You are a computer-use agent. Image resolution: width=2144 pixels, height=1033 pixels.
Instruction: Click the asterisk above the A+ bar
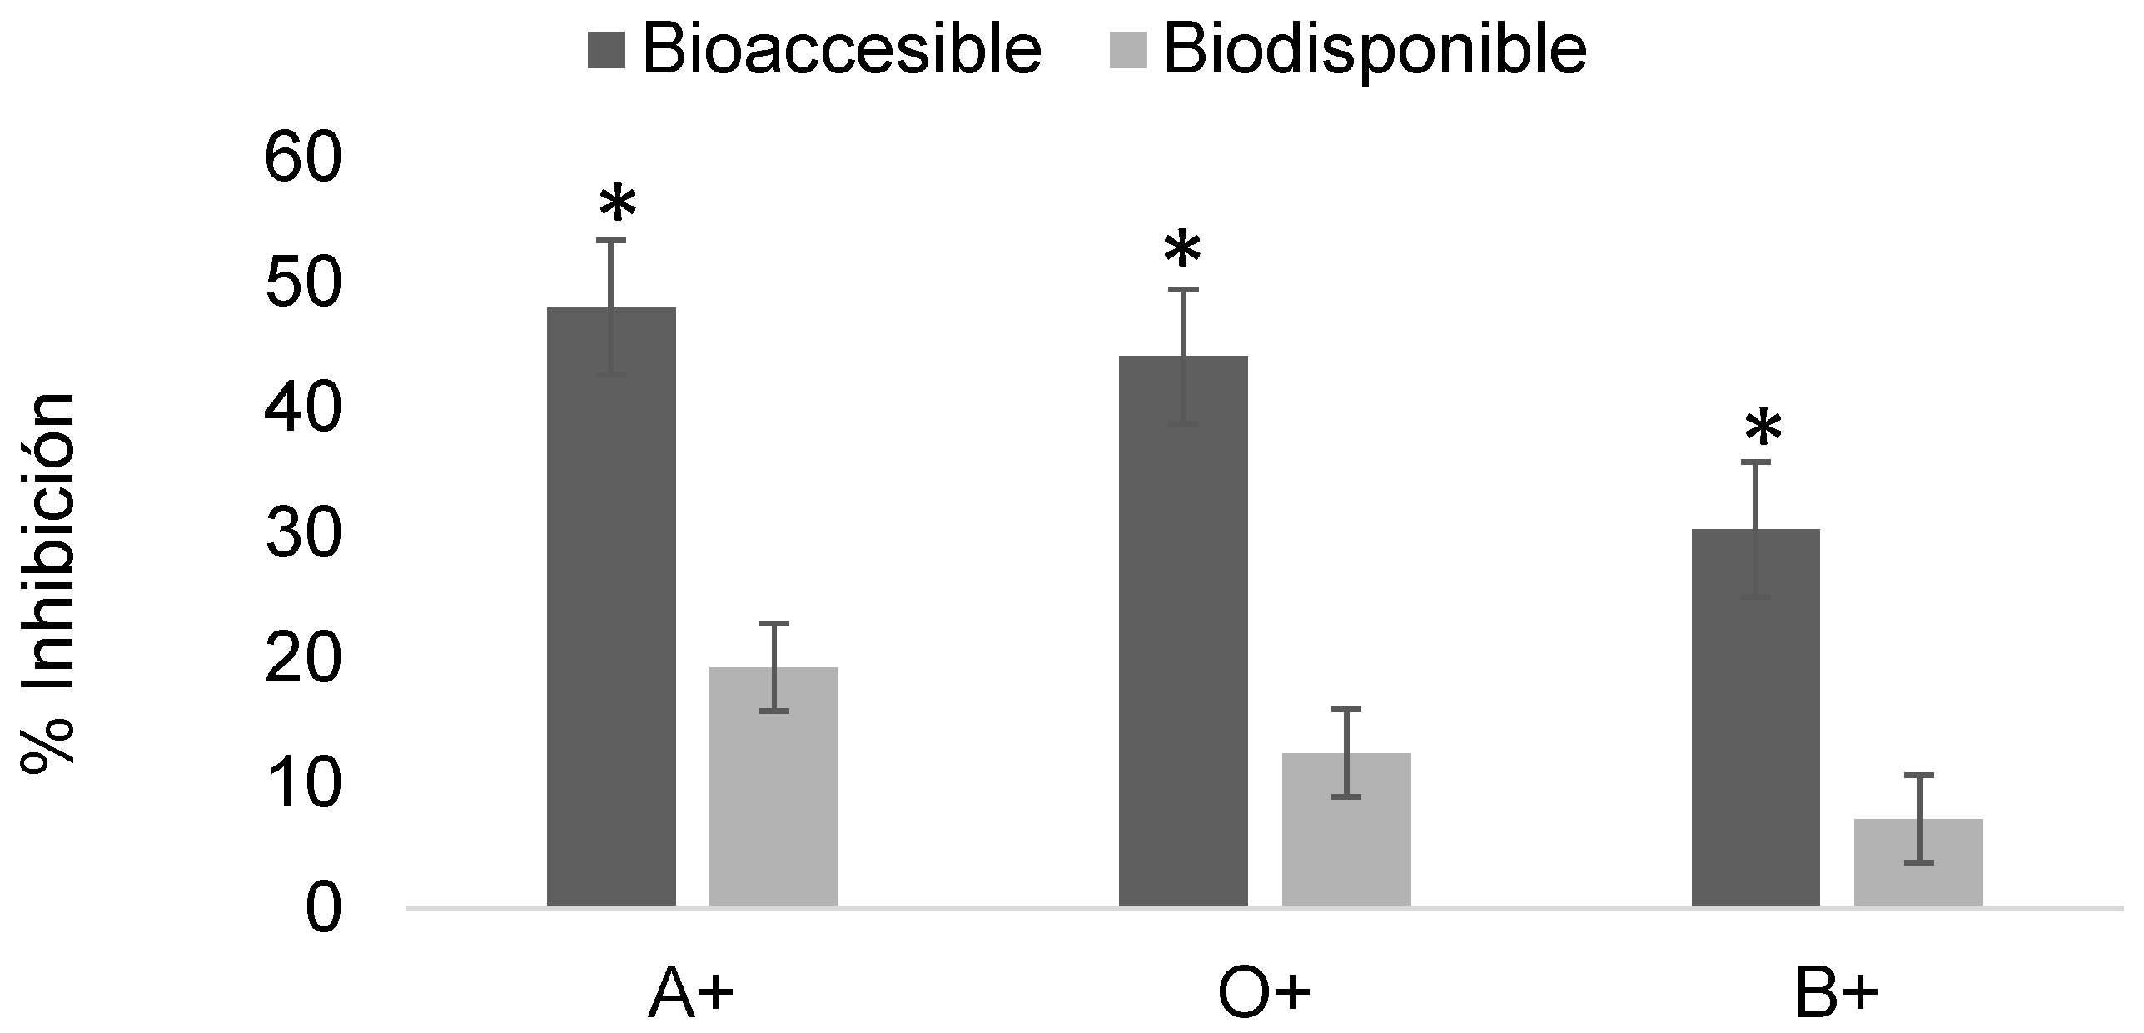[x=617, y=204]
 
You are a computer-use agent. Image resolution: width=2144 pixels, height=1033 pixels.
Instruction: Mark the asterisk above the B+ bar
[x=1763, y=429]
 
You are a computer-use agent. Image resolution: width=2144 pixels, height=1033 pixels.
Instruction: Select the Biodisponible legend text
[x=1375, y=50]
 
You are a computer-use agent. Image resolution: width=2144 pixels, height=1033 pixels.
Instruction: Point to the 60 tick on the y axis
[x=303, y=161]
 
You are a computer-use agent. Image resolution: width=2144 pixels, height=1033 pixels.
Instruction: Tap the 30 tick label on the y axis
[x=303, y=535]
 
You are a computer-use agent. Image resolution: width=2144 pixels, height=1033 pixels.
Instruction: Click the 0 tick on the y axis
[x=323, y=911]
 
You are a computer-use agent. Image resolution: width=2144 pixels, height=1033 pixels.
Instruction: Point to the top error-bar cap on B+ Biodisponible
[x=1918, y=775]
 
